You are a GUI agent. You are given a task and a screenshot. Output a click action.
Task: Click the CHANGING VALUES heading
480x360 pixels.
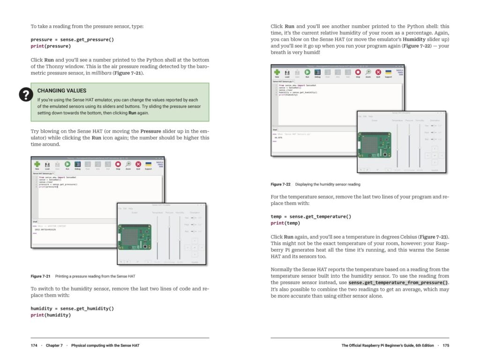click(61, 90)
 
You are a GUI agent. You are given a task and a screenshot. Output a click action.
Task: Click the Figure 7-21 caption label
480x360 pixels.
click(41, 276)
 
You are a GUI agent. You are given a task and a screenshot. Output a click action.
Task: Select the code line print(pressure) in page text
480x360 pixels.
click(51, 46)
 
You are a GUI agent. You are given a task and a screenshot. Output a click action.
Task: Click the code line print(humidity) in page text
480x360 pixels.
click(51, 315)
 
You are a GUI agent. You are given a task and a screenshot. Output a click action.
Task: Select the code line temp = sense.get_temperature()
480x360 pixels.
click(311, 217)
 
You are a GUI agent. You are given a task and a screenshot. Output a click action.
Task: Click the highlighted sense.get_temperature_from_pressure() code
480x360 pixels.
click(398, 283)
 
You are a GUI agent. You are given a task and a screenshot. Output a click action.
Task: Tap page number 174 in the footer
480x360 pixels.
click(34, 345)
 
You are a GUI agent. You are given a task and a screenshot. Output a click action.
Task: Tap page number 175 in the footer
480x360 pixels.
click(445, 345)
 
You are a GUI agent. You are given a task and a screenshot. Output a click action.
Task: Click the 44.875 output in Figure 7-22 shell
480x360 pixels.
click(278, 137)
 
